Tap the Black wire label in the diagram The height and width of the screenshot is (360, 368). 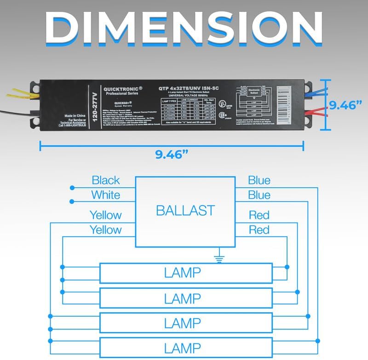pyautogui.click(x=105, y=180)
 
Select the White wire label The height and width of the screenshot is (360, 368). pyautogui.click(x=105, y=195)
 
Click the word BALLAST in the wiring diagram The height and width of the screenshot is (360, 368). pyautogui.click(x=185, y=211)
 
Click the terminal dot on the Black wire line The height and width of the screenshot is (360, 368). pyautogui.click(x=72, y=188)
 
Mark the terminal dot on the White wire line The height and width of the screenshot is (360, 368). pyautogui.click(x=72, y=201)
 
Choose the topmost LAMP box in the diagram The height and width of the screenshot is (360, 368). pyautogui.click(x=186, y=273)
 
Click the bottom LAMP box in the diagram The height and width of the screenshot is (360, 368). pyautogui.click(x=186, y=348)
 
